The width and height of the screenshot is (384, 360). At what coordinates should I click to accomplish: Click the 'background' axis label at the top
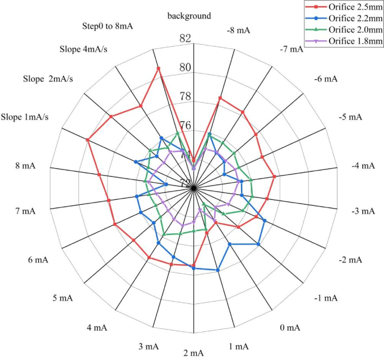pyautogui.click(x=189, y=16)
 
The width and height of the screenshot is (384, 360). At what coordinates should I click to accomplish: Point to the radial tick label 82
pyautogui.click(x=185, y=39)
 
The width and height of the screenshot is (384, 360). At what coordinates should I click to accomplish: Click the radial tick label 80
pyautogui.click(x=185, y=68)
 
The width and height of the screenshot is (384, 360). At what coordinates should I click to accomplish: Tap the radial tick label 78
pyautogui.click(x=185, y=97)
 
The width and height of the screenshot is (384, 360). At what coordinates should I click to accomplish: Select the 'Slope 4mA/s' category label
pyautogui.click(x=84, y=49)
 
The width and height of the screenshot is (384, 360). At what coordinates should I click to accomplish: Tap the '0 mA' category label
pyautogui.click(x=290, y=327)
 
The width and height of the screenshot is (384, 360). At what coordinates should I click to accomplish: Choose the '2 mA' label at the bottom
pyautogui.click(x=193, y=353)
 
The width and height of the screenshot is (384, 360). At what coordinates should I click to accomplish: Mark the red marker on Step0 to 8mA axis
pyautogui.click(x=158, y=68)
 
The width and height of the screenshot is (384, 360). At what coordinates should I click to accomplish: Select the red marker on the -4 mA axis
pyautogui.click(x=274, y=177)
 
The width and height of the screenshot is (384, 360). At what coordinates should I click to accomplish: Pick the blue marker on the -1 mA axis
pyautogui.click(x=258, y=244)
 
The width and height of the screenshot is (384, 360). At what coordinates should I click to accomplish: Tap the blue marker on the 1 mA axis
pyautogui.click(x=218, y=270)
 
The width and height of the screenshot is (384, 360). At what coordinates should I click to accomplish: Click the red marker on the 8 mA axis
pyautogui.click(x=99, y=175)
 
